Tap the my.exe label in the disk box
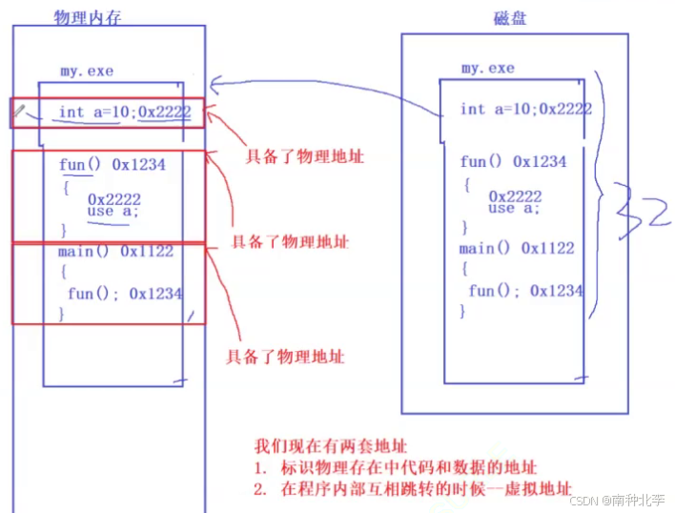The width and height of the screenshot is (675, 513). click(487, 68)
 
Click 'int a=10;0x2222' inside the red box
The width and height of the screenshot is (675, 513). click(124, 112)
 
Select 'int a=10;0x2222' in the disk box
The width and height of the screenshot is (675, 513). click(525, 109)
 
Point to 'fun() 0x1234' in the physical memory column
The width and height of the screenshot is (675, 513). click(112, 165)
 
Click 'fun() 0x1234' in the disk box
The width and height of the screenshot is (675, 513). click(513, 161)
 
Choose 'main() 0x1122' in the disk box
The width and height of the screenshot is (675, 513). click(517, 248)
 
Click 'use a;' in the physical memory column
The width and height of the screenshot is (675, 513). click(112, 211)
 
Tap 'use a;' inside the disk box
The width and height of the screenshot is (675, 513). click(514, 208)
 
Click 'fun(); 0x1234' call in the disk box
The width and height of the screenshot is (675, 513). click(525, 291)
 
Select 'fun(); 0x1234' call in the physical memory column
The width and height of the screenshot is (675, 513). click(124, 294)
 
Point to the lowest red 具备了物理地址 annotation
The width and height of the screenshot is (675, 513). click(284, 357)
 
